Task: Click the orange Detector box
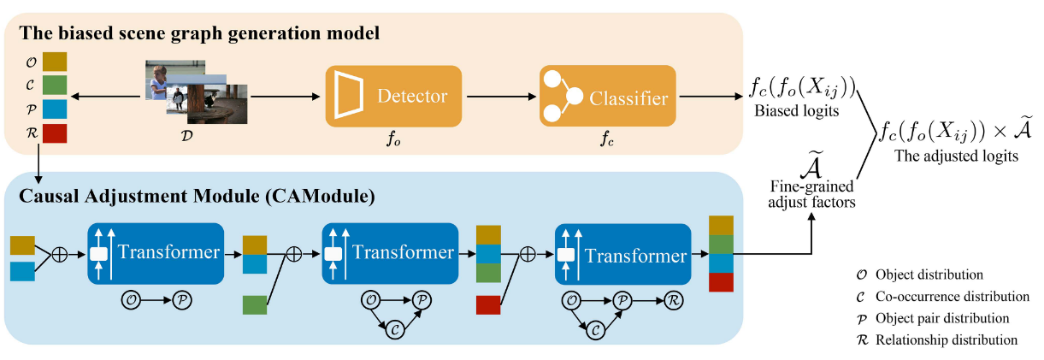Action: (x=393, y=96)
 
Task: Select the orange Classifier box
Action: (x=608, y=96)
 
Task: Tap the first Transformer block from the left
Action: (x=156, y=254)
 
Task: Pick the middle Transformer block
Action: (x=390, y=254)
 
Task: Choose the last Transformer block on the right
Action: (x=623, y=254)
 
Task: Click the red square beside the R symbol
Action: (x=55, y=133)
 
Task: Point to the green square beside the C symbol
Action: (x=55, y=86)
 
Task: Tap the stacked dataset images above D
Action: (x=196, y=91)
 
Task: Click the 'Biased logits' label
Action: (x=797, y=111)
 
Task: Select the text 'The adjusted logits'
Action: (x=956, y=156)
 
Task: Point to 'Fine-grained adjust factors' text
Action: (x=812, y=194)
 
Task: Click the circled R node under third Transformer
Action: (x=674, y=300)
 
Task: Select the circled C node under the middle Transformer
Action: (x=395, y=330)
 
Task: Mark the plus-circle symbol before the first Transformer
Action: (x=60, y=255)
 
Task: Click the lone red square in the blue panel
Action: (x=488, y=305)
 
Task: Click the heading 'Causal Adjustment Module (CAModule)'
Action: (x=197, y=197)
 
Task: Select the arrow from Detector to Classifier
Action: (x=502, y=97)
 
